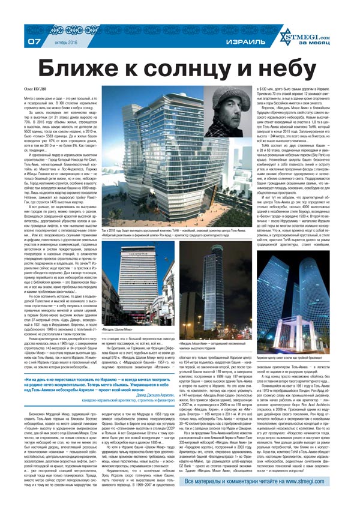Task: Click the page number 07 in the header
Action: (34, 41)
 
